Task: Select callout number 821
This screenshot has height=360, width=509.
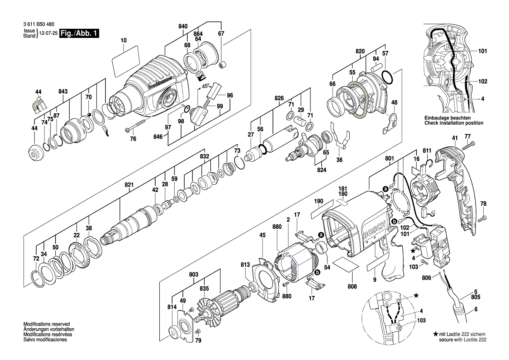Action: [129, 185]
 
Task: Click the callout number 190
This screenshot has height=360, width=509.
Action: [319, 202]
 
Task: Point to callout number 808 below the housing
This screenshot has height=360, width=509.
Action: [352, 286]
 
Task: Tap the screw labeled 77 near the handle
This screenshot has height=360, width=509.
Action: [468, 146]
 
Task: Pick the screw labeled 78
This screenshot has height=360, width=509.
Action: [482, 219]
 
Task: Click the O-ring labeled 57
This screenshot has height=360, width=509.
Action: [388, 78]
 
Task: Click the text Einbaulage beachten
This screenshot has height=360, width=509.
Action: [447, 118]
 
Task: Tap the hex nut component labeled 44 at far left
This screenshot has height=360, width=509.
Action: [34, 153]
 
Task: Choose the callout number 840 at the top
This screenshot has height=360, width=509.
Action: [183, 27]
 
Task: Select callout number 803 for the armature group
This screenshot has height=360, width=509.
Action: [194, 275]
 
